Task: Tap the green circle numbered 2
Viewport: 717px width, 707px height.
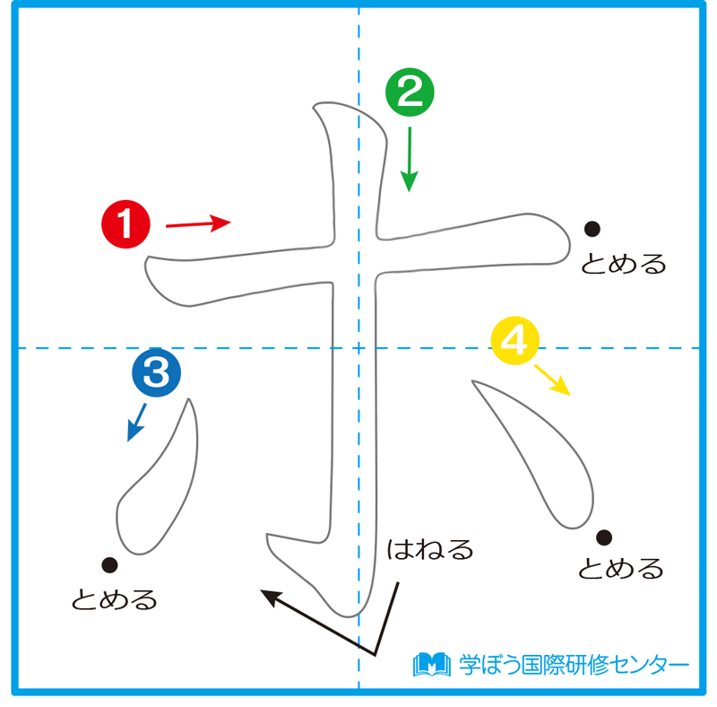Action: [410, 95]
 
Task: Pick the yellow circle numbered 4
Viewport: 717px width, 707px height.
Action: [514, 342]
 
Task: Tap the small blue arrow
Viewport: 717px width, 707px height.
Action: [136, 422]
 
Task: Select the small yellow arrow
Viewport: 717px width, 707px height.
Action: [552, 380]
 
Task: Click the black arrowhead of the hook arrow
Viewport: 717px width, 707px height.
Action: [269, 595]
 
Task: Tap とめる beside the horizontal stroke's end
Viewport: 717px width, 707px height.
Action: [624, 264]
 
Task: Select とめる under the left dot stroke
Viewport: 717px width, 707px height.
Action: [115, 598]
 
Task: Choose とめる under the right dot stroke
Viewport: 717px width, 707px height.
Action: [620, 569]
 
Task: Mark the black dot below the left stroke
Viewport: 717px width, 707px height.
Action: [109, 564]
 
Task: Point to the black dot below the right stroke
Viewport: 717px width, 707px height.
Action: [604, 537]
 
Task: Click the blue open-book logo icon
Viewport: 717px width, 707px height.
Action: [431, 664]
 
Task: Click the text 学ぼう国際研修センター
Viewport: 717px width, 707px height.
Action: [574, 665]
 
